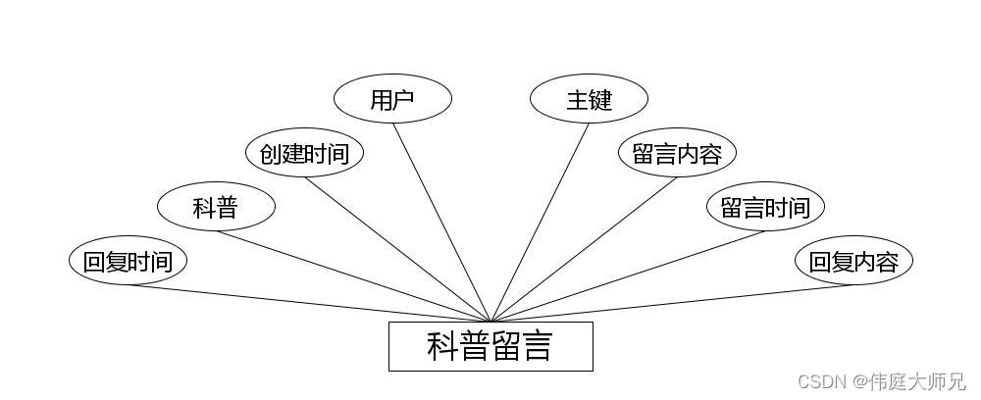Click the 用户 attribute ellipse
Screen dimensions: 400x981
tap(392, 99)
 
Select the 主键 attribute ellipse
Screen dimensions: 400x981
tap(589, 99)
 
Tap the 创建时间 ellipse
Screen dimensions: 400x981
tap(304, 153)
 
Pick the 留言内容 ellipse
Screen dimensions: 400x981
tap(677, 153)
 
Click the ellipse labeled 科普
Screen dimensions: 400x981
tap(216, 207)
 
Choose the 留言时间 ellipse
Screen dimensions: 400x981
tap(765, 207)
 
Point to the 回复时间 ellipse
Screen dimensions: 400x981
tap(128, 261)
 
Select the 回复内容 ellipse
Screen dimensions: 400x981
tap(853, 261)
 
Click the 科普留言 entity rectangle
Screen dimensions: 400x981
tap(490, 346)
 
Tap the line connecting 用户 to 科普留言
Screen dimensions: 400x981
tap(441, 222)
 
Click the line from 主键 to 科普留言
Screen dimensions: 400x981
tap(540, 222)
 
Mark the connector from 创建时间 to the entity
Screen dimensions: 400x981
tap(397, 249)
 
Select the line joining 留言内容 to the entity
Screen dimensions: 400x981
tap(584, 249)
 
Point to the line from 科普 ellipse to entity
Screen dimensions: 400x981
tap(353, 276)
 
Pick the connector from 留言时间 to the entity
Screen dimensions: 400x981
tap(628, 276)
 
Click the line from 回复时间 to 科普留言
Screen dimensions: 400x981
tap(309, 303)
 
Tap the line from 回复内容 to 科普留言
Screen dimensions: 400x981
tap(672, 303)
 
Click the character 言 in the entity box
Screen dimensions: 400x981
tap(535, 346)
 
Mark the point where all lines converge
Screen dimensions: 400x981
tap(490, 321)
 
